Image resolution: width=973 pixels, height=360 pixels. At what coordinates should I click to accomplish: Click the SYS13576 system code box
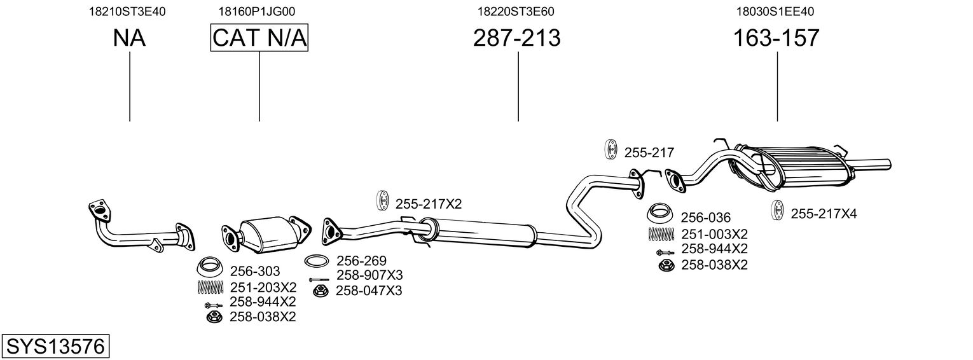55,347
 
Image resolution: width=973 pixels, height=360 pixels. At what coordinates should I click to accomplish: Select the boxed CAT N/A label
259,38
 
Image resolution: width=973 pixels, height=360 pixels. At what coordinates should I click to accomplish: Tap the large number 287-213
516,38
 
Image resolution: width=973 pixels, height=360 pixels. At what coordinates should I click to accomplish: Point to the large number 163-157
776,38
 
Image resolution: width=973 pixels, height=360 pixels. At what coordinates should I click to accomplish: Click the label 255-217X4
824,214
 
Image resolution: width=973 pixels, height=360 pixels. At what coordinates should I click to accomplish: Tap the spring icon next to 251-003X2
661,233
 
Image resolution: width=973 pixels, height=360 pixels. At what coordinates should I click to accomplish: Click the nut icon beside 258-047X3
321,291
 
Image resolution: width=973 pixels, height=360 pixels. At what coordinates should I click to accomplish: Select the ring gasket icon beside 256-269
317,261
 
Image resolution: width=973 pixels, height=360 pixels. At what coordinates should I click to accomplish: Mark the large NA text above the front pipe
129,38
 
